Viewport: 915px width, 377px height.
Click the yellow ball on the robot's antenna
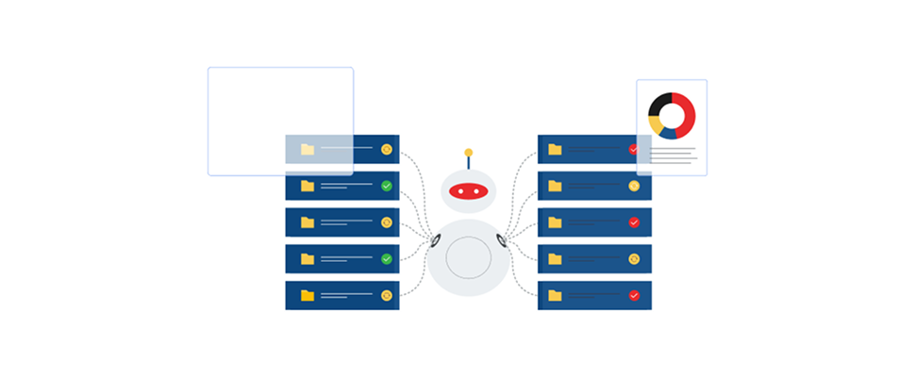468,152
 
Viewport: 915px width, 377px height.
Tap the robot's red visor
468,191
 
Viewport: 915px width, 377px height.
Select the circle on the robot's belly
468,257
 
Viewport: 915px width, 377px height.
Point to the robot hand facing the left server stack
435,240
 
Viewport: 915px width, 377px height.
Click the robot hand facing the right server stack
502,240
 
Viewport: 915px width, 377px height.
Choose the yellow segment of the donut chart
655,124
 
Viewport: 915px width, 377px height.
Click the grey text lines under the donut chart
673,156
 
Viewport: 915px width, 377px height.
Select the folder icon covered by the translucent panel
308,149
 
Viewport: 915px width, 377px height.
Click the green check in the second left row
386,186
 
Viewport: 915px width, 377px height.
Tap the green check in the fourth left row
386,258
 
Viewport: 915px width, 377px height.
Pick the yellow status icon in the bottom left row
386,295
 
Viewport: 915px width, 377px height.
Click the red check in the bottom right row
634,295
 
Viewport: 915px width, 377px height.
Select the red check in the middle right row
634,222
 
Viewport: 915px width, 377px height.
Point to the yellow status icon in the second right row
634,186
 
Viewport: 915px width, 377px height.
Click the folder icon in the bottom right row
555,295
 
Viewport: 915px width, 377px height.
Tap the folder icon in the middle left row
308,222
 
